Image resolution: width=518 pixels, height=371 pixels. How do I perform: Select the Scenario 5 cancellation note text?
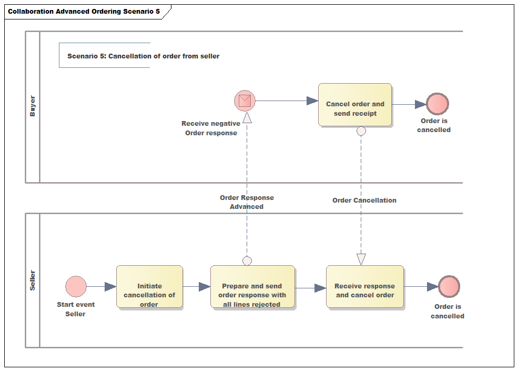pyautogui.click(x=143, y=56)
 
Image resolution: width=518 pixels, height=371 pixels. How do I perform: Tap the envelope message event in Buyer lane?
pyautogui.click(x=245, y=101)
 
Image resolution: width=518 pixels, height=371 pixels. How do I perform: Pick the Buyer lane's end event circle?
pyautogui.click(x=437, y=104)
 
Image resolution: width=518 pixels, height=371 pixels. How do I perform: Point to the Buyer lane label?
pyautogui.click(x=33, y=106)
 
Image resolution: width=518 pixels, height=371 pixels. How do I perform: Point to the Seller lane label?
pyautogui.click(x=33, y=280)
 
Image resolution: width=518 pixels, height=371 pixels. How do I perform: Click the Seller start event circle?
pyautogui.click(x=76, y=287)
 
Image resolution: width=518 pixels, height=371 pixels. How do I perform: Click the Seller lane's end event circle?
pyautogui.click(x=449, y=287)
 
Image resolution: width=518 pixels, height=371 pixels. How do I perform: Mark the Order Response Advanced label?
pyautogui.click(x=247, y=202)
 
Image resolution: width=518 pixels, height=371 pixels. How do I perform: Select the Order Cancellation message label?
pyautogui.click(x=364, y=200)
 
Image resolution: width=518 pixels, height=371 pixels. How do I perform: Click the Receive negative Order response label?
pyautogui.click(x=211, y=128)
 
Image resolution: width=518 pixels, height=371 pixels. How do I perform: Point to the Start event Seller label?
pyautogui.click(x=76, y=309)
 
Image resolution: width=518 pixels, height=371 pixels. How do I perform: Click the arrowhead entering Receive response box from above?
pyautogui.click(x=361, y=259)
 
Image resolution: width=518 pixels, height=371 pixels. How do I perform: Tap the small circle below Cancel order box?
pyautogui.click(x=361, y=131)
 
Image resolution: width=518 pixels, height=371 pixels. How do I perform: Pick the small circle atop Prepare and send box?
pyautogui.click(x=247, y=260)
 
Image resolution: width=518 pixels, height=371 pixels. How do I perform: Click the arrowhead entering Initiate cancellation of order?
pyautogui.click(x=110, y=287)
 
